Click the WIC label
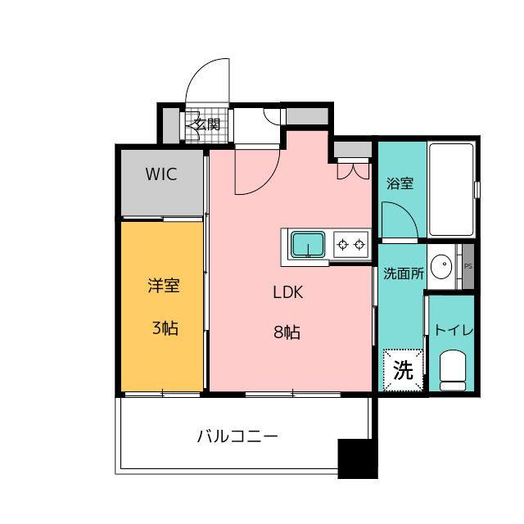click(x=161, y=174)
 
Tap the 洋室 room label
click(x=164, y=286)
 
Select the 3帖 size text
click(x=165, y=327)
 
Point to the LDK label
click(x=288, y=292)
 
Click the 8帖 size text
click(x=287, y=332)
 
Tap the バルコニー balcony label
click(x=237, y=436)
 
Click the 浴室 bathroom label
click(x=400, y=183)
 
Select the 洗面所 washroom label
click(x=404, y=273)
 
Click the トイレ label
click(x=454, y=330)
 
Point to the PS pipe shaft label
click(x=468, y=266)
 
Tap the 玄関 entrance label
click(x=206, y=124)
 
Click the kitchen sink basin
click(x=308, y=245)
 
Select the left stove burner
click(x=342, y=245)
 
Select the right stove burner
click(x=359, y=245)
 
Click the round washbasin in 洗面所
click(x=441, y=266)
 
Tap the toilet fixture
click(x=453, y=370)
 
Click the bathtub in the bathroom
click(x=451, y=189)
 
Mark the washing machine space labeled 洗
click(x=403, y=370)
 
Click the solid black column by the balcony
click(x=358, y=458)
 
